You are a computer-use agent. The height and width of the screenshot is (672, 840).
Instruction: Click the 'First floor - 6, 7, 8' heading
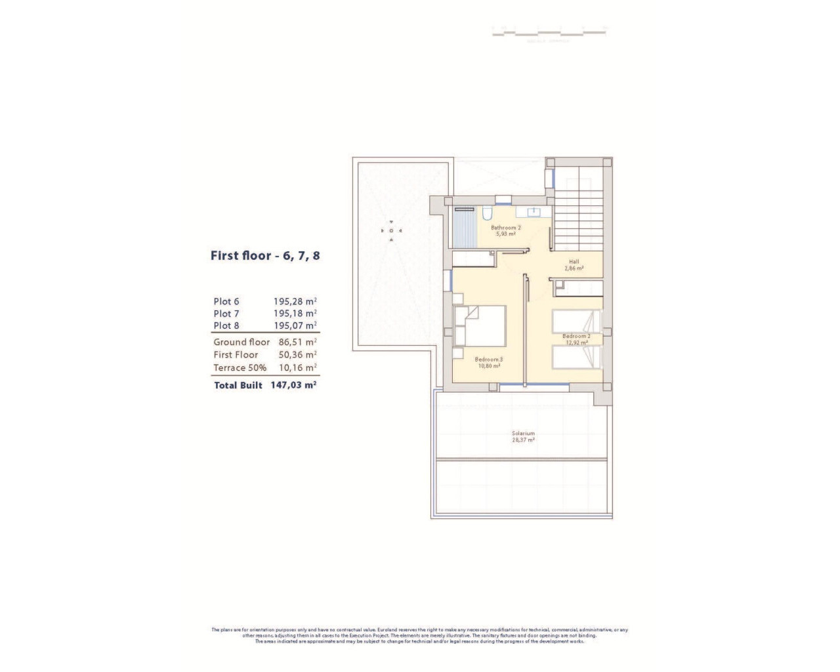(x=265, y=256)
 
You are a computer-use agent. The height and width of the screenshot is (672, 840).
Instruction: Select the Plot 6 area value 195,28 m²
(x=295, y=302)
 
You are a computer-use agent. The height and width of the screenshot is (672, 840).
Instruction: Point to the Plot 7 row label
(x=226, y=314)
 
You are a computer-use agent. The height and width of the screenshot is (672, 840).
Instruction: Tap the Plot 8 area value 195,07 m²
(x=295, y=325)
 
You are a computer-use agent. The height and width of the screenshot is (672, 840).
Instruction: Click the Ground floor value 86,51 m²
(x=297, y=342)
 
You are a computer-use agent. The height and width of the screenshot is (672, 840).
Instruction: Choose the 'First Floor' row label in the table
(x=236, y=355)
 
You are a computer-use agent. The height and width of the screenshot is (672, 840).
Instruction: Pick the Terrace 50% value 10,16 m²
(x=297, y=368)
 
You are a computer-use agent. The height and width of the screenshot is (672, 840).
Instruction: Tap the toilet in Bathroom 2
(x=487, y=213)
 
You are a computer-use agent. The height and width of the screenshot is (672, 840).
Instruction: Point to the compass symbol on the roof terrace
(x=391, y=230)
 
